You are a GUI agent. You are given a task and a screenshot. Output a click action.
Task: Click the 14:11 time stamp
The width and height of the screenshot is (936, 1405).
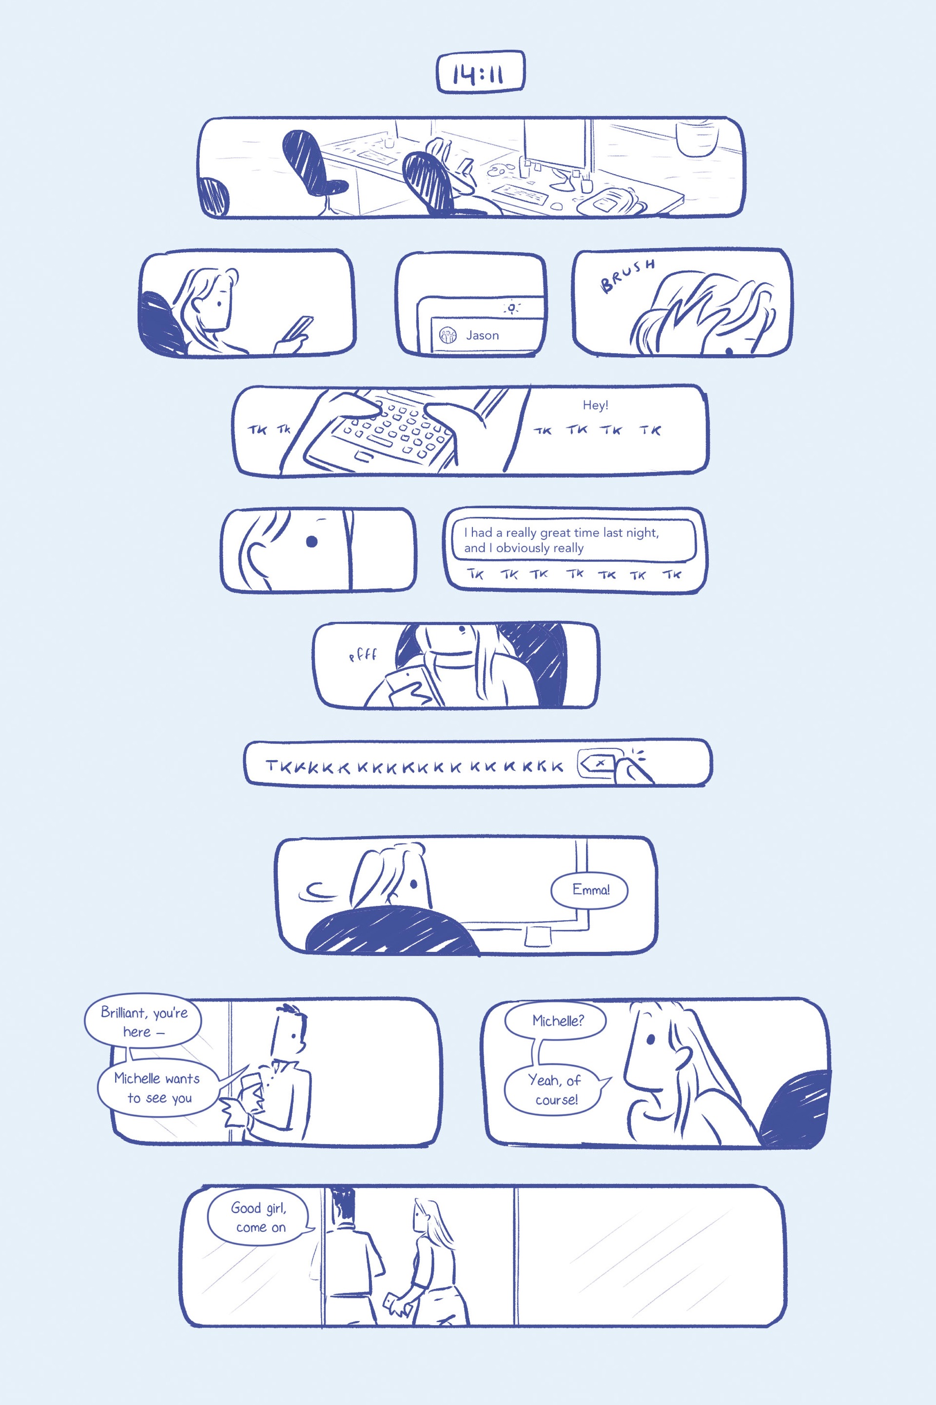coord(481,73)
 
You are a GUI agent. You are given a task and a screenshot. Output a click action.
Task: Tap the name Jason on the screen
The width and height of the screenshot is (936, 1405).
coord(482,335)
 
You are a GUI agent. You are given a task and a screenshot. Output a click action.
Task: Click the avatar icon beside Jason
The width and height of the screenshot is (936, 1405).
coord(448,335)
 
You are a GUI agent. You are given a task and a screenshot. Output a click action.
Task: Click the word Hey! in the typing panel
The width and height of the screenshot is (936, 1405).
coord(595,405)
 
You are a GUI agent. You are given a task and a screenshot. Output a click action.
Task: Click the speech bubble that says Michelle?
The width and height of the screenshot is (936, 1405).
coord(556,1021)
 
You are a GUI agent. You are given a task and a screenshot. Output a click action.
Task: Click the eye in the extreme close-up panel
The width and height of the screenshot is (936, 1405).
coord(311,542)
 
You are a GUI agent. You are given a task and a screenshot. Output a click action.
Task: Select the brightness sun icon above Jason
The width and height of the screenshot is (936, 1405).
coord(511,308)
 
